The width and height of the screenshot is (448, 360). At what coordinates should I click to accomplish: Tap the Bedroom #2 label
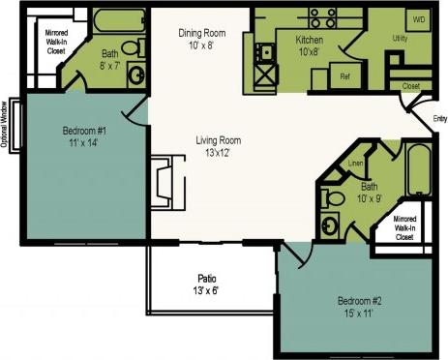pos(360,305)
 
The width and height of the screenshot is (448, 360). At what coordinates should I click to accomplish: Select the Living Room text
pos(218,145)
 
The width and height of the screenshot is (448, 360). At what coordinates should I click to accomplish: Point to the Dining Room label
pos(202,38)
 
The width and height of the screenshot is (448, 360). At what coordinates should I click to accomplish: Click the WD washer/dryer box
pos(418,19)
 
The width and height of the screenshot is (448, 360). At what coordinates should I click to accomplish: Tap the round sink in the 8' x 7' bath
pos(137,74)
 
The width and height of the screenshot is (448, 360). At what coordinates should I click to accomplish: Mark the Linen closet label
pos(356,165)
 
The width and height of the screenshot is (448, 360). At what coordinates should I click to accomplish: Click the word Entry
pos(439,119)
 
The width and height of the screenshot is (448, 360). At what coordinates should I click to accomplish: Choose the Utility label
pos(399,38)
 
